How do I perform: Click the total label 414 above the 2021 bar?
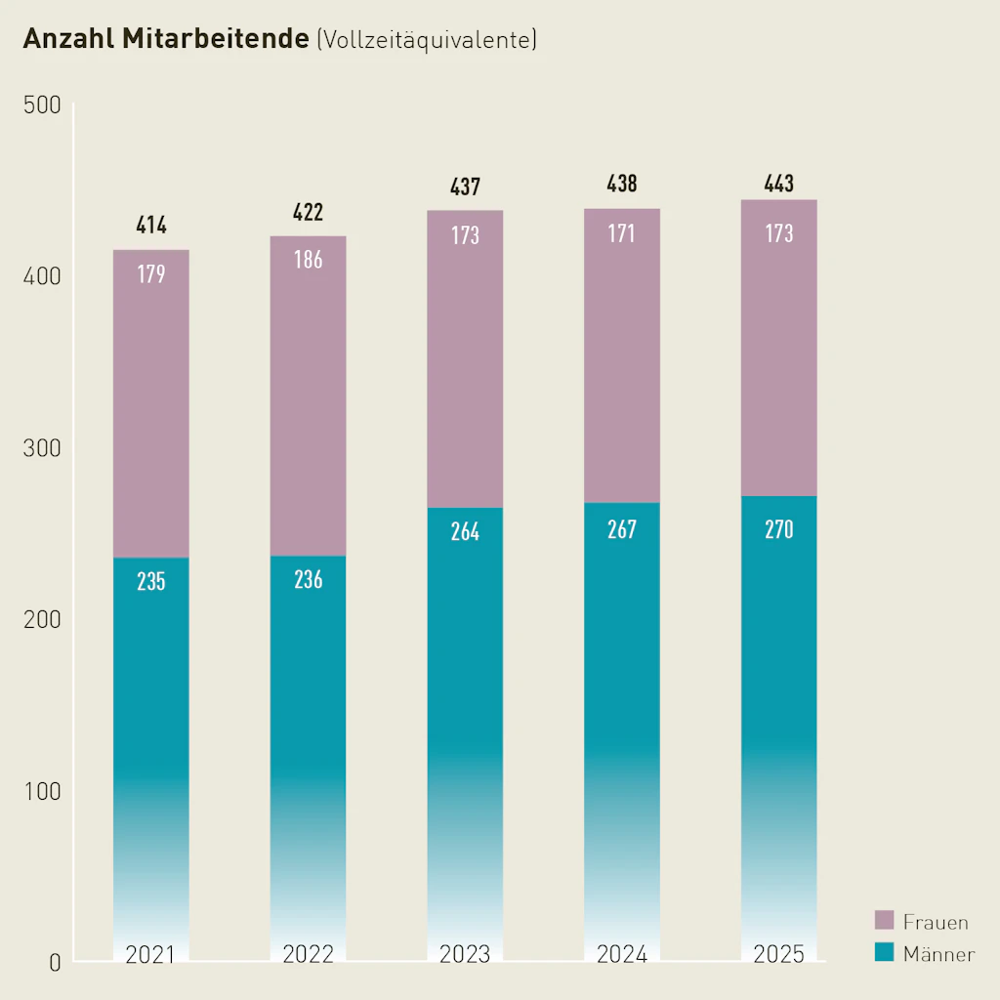pos(151,226)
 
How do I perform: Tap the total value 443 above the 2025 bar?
pos(779,183)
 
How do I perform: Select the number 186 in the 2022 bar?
pos(309,260)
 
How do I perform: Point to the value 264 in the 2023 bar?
pos(466,533)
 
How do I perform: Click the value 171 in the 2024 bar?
pos(622,233)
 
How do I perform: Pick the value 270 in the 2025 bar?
pos(779,530)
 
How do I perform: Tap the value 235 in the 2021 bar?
pos(151,582)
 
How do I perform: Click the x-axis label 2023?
pos(465,954)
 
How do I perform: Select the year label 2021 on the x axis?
pos(150,954)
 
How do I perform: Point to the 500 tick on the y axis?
pos(42,105)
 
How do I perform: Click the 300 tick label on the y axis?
pos(42,448)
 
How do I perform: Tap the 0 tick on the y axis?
pos(55,963)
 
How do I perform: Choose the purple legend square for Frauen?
pos(885,920)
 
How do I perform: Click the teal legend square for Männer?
pos(885,952)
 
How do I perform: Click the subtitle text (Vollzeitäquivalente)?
pos(426,40)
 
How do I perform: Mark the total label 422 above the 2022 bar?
pos(309,212)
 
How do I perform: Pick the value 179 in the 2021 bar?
pos(151,274)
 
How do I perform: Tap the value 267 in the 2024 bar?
pos(622,529)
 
